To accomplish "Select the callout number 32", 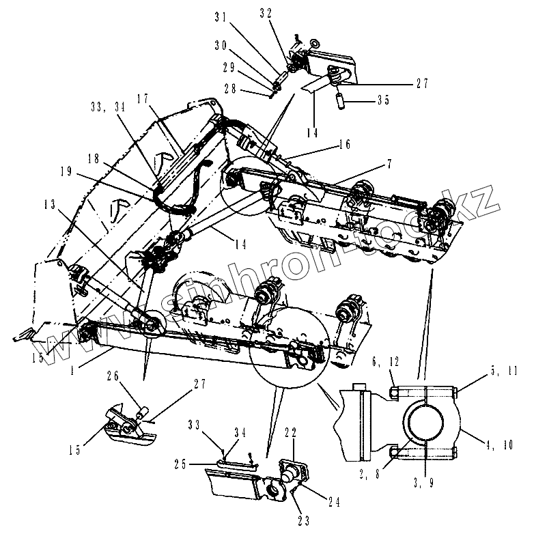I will (266, 12).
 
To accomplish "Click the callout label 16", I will (343, 145).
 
